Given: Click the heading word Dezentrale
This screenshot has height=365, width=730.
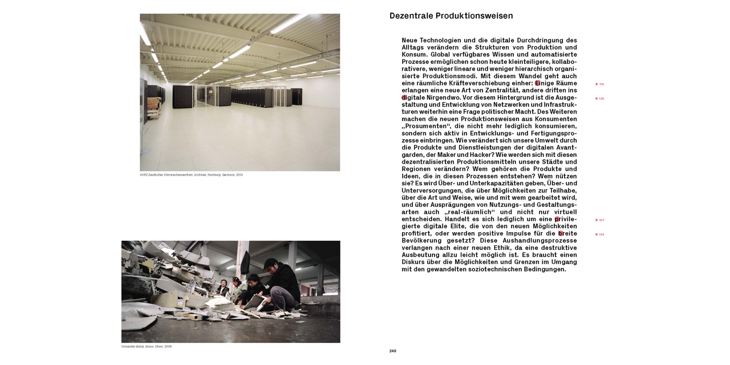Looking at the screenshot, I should click(411, 16).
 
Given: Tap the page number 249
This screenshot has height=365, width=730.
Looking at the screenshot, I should click(392, 351).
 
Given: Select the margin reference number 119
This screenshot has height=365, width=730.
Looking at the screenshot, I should click(601, 84).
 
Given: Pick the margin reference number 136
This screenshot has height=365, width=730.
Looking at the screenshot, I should click(601, 99).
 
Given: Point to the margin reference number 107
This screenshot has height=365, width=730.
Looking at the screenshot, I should click(601, 220).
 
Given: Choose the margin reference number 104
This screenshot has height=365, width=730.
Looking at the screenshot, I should click(601, 234).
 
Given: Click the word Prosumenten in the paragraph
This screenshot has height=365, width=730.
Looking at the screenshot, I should click(427, 126).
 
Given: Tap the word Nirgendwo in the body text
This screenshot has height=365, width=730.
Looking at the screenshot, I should click(443, 98).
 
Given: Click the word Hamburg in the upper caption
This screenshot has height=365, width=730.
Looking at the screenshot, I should click(214, 175).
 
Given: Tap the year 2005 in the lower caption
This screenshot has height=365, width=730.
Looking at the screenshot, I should click(168, 347).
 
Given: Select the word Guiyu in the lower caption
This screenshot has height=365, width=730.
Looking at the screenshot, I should click(149, 347).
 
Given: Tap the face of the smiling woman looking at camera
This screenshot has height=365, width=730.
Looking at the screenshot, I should click(223, 282).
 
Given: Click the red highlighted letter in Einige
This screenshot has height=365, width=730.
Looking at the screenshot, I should click(537, 83).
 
